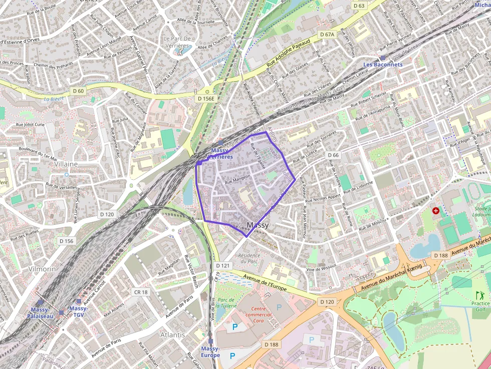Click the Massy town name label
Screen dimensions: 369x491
pos(258,225)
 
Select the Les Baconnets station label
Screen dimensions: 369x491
pos(383,65)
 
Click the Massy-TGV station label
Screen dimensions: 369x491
pos(78,312)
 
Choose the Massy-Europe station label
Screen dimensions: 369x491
pos(210,351)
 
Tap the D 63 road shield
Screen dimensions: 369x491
pos(359,6)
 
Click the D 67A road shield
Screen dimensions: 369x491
pos(327,35)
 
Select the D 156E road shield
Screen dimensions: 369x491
pos(205,99)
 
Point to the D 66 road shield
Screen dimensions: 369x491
pos(333,155)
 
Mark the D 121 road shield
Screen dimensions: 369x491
pos(222,265)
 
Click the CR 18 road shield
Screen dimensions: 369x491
pos(141,292)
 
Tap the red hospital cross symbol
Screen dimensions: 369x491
pos(435,211)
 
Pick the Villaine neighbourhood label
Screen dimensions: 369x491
pos(66,164)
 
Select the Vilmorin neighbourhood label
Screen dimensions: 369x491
pos(42,269)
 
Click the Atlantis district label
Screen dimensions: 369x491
pos(172,334)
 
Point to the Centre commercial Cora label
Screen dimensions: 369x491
pos(258,315)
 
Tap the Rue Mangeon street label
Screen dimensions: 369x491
pos(237,177)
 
